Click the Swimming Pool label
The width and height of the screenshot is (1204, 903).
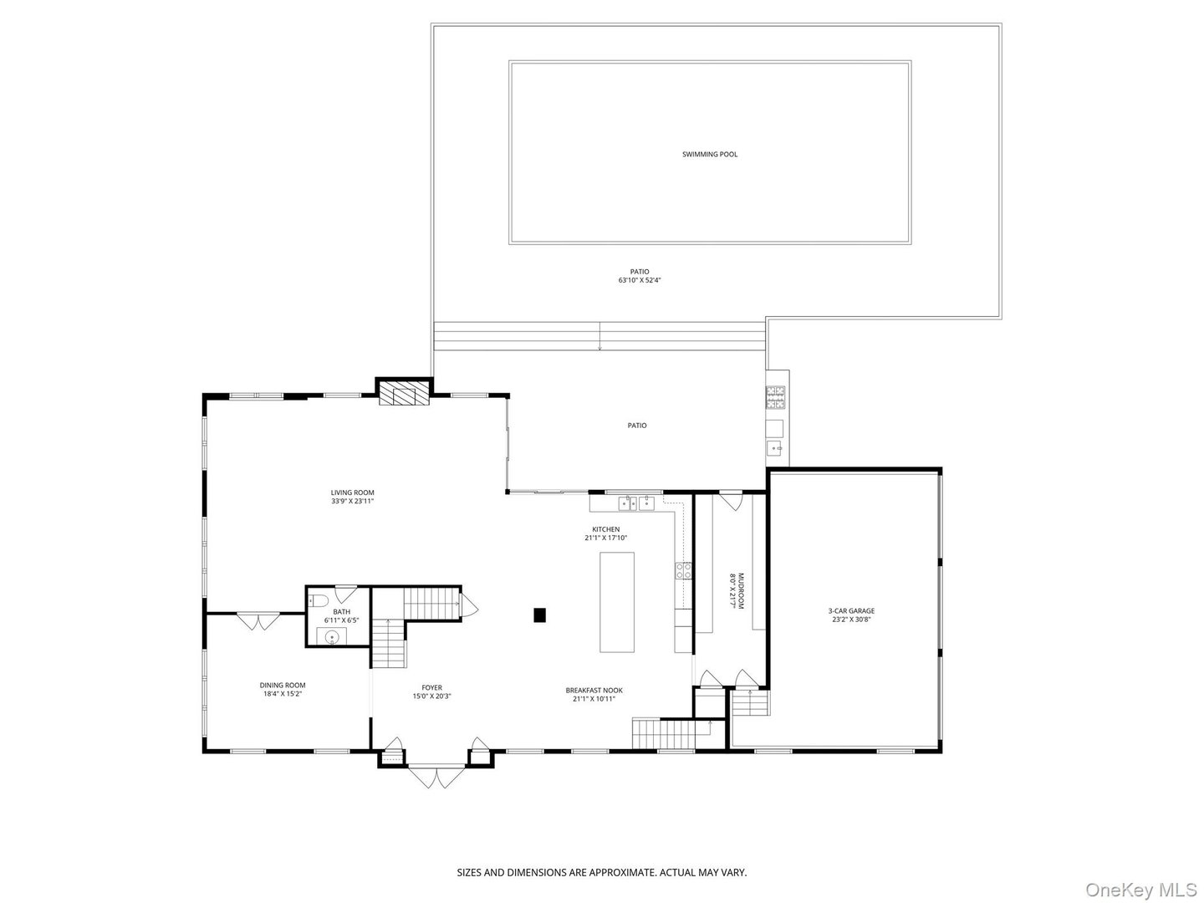pyautogui.click(x=710, y=155)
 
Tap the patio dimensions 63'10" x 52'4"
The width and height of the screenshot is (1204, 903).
pyautogui.click(x=640, y=281)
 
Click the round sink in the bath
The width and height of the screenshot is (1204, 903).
pyautogui.click(x=334, y=637)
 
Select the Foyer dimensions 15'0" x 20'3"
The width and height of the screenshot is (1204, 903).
pyautogui.click(x=431, y=696)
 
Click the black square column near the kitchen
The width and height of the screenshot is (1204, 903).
pyautogui.click(x=540, y=615)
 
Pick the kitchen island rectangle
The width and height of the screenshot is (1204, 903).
pyautogui.click(x=617, y=602)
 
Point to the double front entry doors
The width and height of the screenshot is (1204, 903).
pyautogui.click(x=436, y=778)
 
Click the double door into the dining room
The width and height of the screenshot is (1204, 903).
pyautogui.click(x=258, y=621)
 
